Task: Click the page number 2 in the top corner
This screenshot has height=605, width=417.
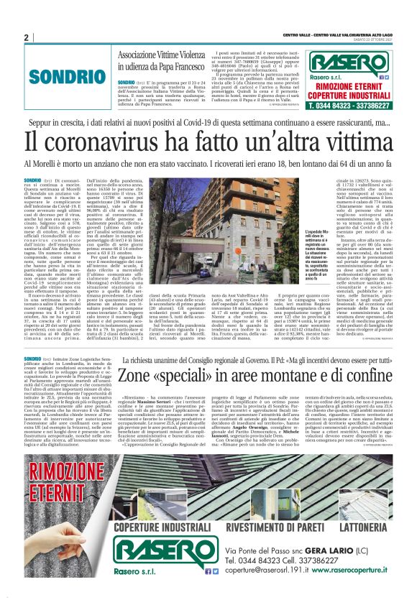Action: tap(25, 37)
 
